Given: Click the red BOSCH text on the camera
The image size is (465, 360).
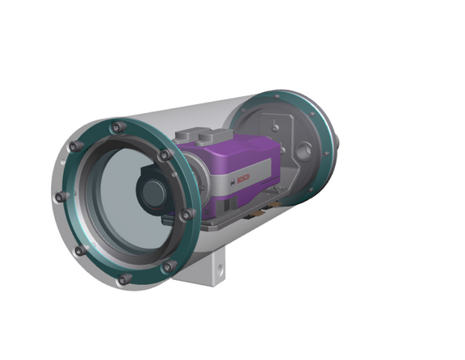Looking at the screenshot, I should pos(243,178).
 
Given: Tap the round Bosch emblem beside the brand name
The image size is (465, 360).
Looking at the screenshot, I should pos(232,185).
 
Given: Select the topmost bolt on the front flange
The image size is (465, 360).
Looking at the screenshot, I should pos(119,127).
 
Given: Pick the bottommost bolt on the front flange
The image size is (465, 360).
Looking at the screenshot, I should pos(124,279).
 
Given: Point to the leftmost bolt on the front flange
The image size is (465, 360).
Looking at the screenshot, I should pos(60,197).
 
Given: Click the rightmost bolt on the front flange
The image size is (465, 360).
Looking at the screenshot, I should pos(187,215).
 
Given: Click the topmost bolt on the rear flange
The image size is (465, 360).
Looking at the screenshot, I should pos(279,94).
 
